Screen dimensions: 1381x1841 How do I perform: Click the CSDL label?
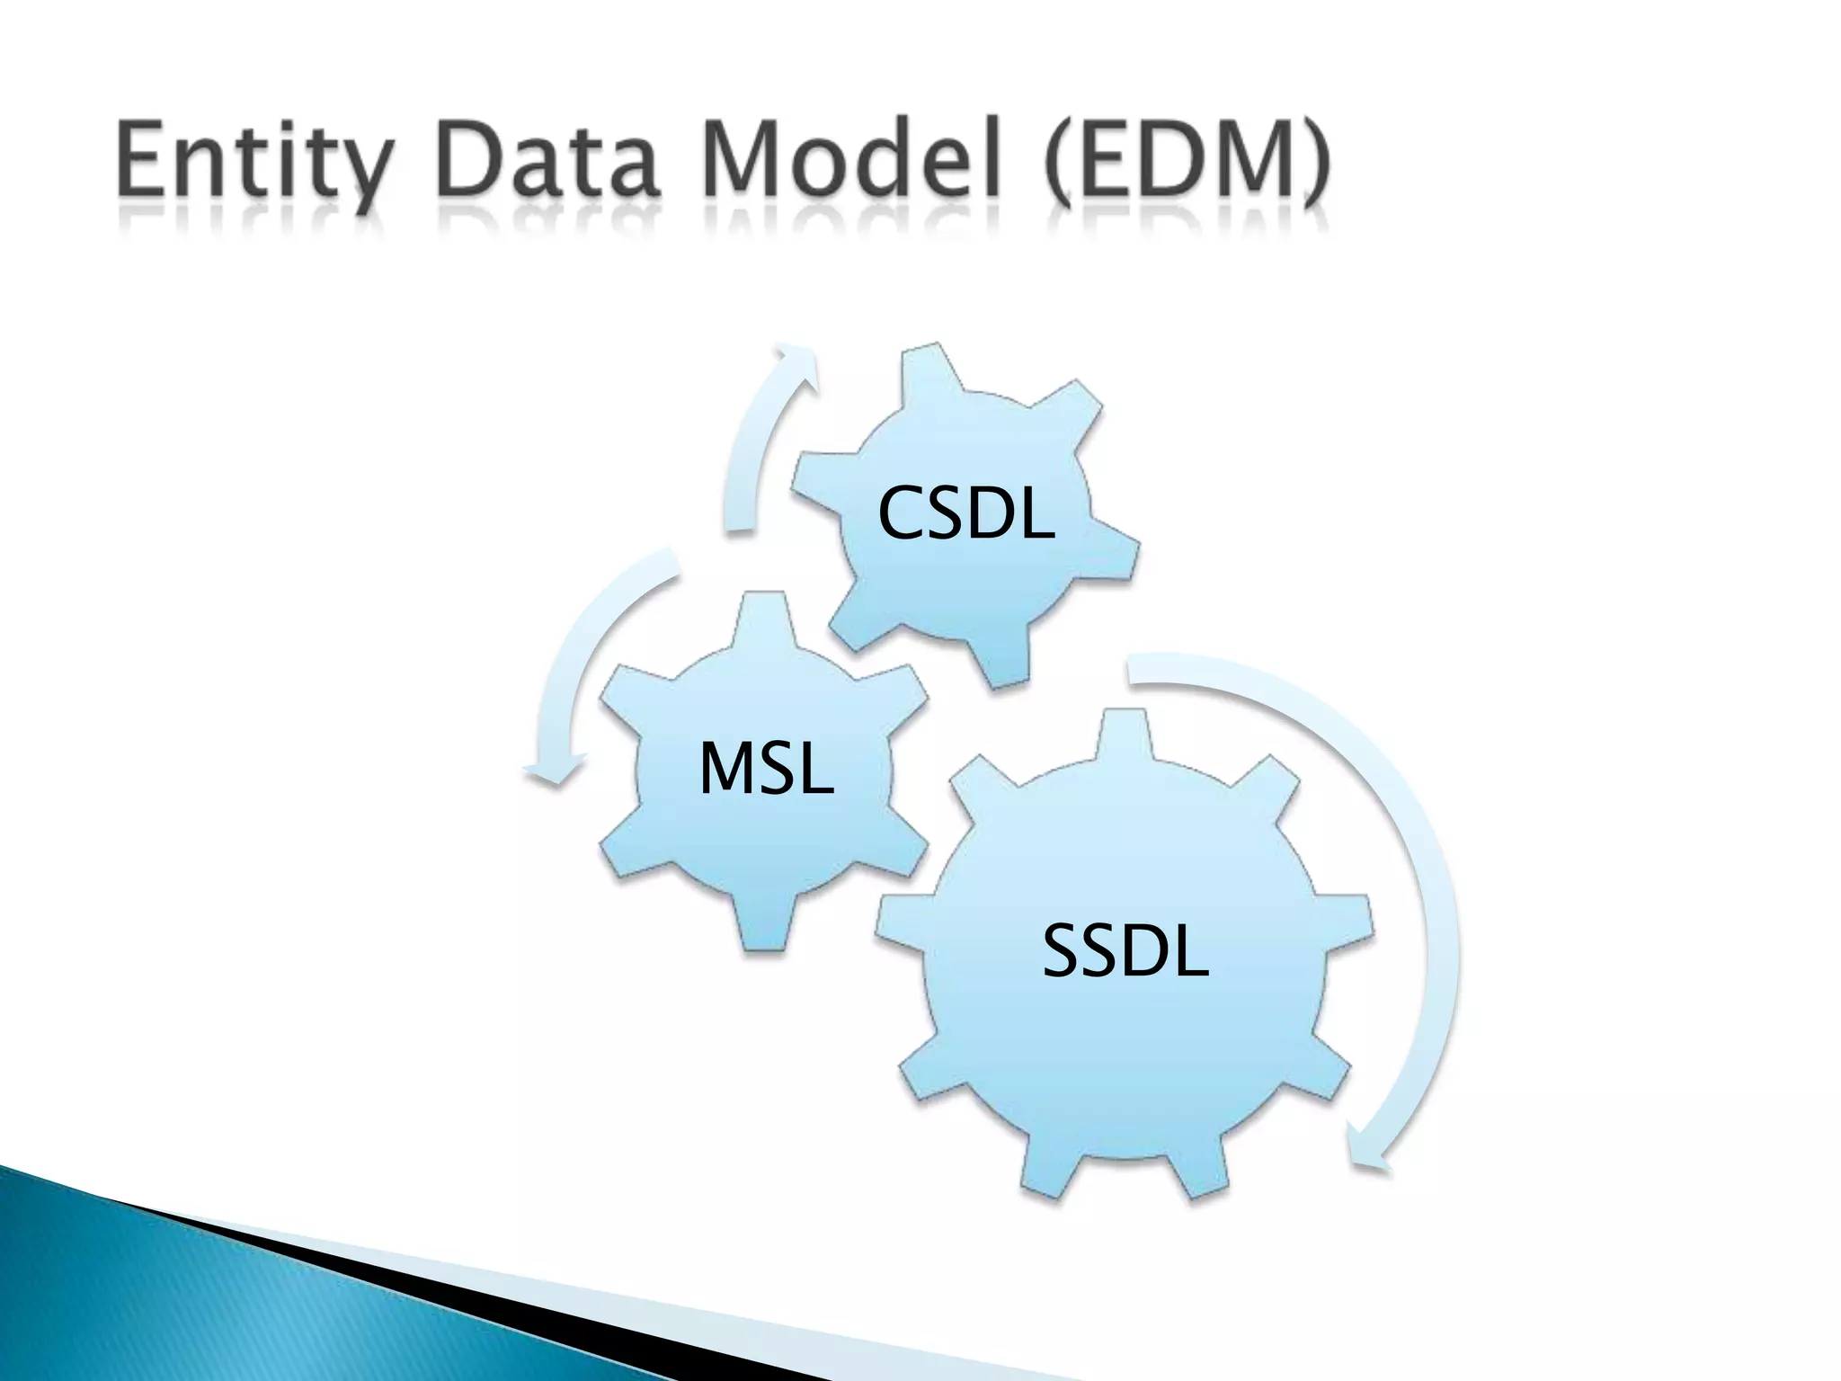965,512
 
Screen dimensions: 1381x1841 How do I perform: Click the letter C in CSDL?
901,512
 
